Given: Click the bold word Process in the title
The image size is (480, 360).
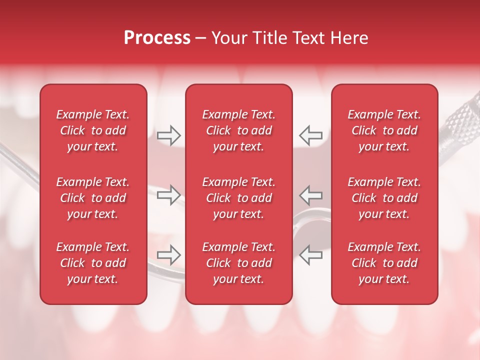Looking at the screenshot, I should point(157,38).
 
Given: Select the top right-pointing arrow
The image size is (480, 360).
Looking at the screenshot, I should point(169,135).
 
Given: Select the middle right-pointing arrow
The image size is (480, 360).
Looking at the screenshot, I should point(169,195).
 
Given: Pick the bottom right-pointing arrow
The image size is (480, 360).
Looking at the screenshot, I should point(169,254).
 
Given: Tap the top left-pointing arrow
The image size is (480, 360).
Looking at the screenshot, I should point(311,135).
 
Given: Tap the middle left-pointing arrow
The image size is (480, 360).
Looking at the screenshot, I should point(311,195).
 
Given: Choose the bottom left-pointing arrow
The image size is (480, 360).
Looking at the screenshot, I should point(311,254).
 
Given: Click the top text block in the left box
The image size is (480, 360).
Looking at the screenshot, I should point(93,130).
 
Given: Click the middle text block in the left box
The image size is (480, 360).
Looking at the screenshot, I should point(93,198).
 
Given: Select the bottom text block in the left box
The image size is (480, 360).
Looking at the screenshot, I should point(93,263).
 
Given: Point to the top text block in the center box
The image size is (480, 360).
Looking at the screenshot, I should point(238,130).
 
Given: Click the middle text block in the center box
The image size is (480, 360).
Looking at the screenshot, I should point(238,198).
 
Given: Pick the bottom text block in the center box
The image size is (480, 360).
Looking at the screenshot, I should point(238,263).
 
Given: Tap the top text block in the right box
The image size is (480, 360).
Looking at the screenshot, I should point(384,130).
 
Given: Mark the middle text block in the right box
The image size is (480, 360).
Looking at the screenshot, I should point(384,198).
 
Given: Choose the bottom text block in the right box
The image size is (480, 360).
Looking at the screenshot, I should point(384,263).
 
